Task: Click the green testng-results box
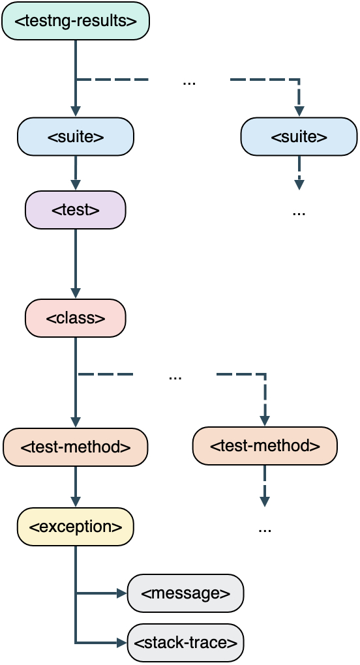point(76,21)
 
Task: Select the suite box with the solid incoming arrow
point(76,136)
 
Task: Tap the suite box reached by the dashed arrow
point(299,136)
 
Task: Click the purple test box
point(76,210)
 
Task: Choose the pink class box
point(76,318)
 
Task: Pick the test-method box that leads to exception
point(76,447)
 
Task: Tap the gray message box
point(185,593)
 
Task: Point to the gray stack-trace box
point(185,642)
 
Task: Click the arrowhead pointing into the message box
point(121,593)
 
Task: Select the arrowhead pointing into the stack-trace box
point(121,643)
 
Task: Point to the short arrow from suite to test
point(76,172)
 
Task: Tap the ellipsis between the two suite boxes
point(189,81)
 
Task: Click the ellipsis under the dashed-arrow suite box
point(299,212)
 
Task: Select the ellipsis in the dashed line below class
point(175,376)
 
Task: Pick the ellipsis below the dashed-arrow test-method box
point(265,529)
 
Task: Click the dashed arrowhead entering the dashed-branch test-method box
point(265,421)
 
